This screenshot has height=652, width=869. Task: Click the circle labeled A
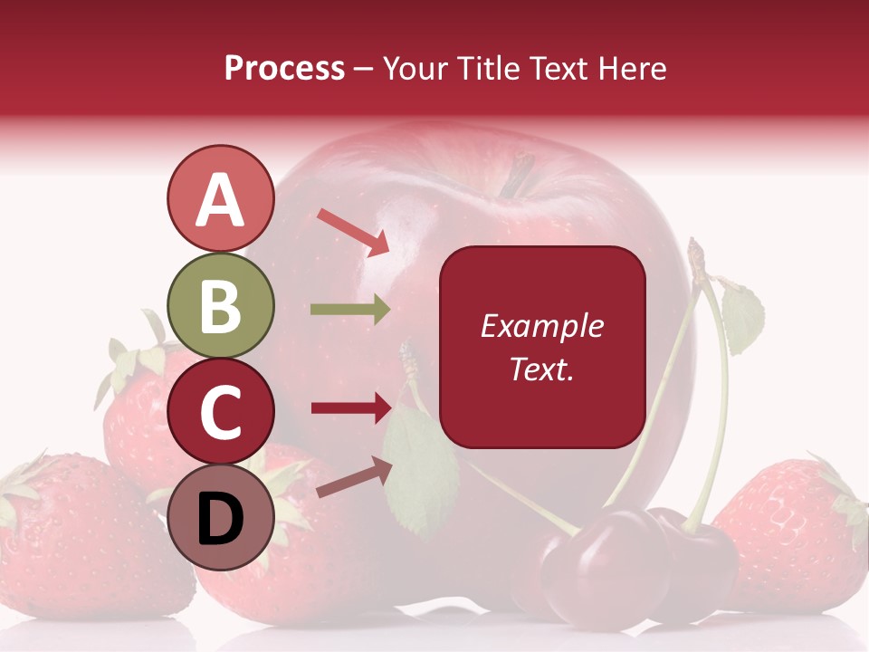pos(220,199)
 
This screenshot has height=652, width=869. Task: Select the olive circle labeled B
pos(220,306)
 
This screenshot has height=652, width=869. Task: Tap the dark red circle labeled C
pos(220,412)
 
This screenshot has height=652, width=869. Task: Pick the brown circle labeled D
pos(220,518)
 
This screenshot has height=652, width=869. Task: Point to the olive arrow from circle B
pos(350,309)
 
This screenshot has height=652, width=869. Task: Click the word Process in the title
pos(284,68)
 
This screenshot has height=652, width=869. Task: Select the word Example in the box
pos(542,326)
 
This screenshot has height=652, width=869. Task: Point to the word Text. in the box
pos(542,369)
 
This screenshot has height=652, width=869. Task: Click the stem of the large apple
pos(519,175)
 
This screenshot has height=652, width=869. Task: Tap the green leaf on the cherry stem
pos(743,317)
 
